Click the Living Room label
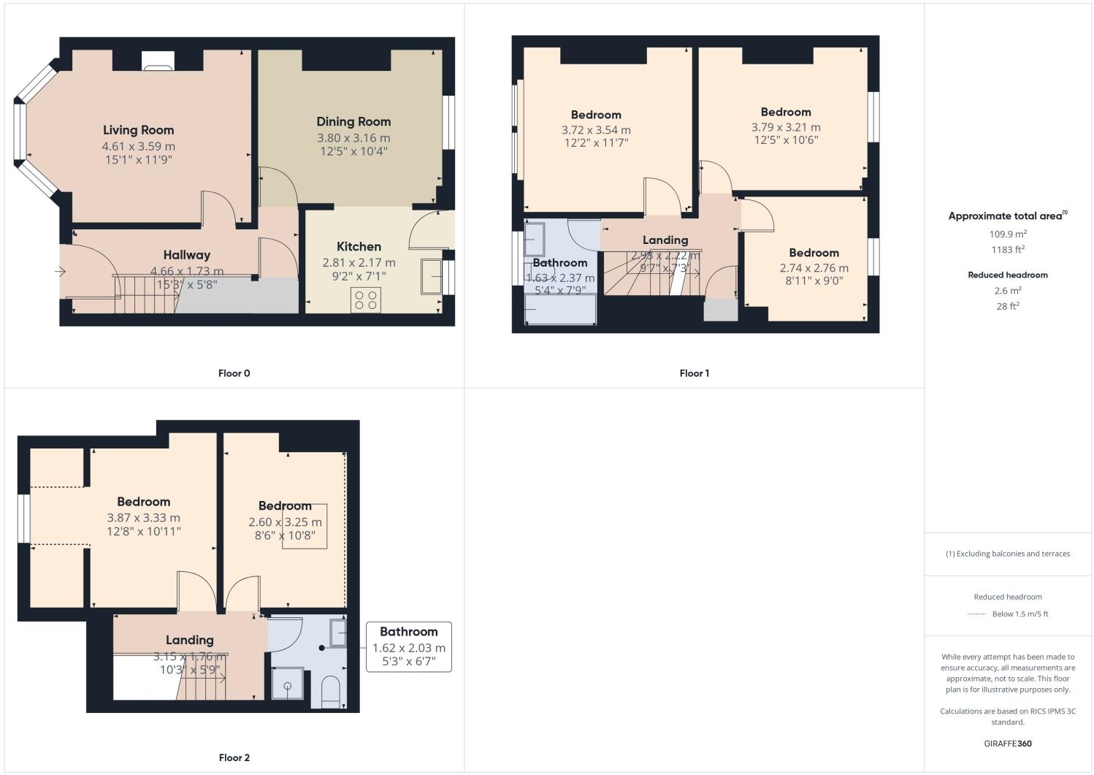click(x=138, y=130)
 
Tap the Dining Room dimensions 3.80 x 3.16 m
click(x=353, y=137)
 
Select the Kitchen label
click(x=359, y=246)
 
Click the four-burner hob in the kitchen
click(x=365, y=299)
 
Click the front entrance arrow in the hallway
click(x=60, y=272)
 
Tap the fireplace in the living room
click(x=157, y=61)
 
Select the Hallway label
click(x=186, y=255)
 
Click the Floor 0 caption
click(x=234, y=373)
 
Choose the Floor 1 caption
click(x=694, y=373)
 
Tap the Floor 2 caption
click(x=234, y=757)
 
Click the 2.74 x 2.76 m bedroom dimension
click(x=814, y=268)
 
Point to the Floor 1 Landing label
click(x=665, y=240)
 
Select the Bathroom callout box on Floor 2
click(x=408, y=646)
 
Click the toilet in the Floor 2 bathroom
click(x=331, y=691)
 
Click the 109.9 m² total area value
click(x=1007, y=234)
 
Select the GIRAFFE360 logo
click(x=1007, y=744)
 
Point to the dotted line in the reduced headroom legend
click(x=976, y=614)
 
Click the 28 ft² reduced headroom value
click(x=1007, y=306)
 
